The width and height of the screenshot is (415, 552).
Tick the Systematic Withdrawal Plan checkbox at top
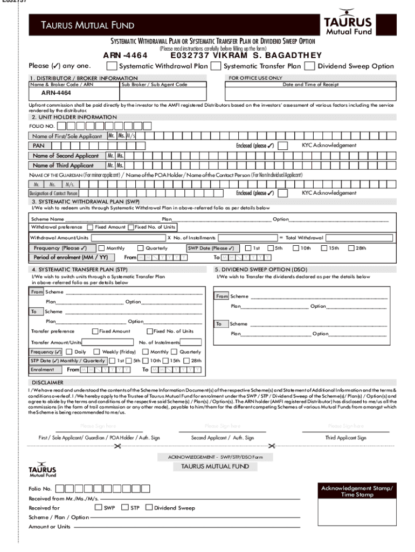(112, 66)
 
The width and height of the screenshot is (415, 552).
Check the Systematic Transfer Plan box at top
(216, 66)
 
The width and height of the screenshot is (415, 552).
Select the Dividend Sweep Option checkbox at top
(309, 66)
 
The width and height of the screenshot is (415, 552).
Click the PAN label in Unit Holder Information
(39, 146)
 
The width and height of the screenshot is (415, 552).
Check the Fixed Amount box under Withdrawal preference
(90, 227)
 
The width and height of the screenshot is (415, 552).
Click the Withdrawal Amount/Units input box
(128, 238)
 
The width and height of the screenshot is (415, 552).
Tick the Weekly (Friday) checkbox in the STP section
(98, 351)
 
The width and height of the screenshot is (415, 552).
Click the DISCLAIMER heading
(47, 382)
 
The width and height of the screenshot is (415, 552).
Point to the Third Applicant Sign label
(345, 438)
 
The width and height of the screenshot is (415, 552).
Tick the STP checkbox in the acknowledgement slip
(125, 507)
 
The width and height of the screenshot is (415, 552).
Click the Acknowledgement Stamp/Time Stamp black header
(357, 491)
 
